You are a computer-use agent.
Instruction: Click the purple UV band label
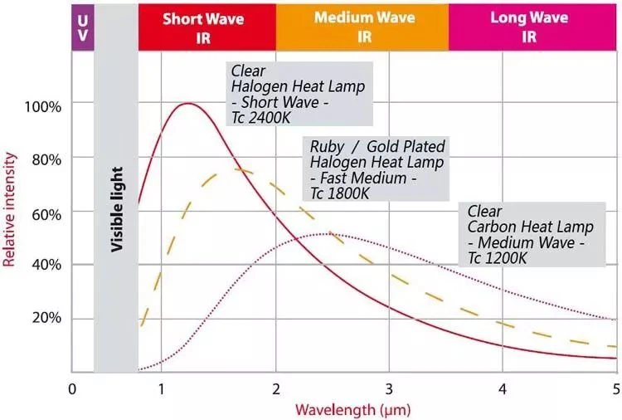81,27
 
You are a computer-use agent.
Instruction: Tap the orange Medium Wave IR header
362,27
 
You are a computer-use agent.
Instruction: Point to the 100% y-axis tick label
42,106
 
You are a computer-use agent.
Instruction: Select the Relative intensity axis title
10,212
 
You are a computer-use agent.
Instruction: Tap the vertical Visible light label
117,209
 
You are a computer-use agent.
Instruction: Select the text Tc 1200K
497,257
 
